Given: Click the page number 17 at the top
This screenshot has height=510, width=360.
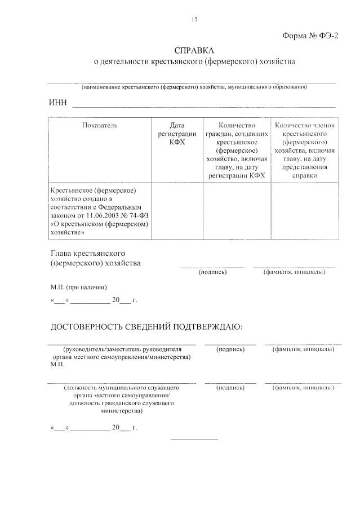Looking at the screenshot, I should (194, 20).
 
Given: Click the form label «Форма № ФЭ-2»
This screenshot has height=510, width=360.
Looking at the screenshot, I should (310, 36).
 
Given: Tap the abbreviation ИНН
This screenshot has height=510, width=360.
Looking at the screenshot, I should (58, 103).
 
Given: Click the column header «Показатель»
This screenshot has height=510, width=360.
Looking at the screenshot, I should (100, 125).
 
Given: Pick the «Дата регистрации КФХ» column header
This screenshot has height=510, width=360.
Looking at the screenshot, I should (177, 134).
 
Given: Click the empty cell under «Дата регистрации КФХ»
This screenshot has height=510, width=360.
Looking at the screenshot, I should (177, 211).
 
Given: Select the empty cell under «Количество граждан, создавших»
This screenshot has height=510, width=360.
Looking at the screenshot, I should (237, 211).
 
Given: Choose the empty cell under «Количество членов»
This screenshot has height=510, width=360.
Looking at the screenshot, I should (305, 211).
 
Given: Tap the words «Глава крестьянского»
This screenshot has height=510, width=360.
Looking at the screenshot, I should (87, 253).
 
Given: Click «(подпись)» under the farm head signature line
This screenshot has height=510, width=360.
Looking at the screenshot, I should (212, 272).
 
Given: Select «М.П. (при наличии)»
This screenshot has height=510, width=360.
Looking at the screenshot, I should (79, 287).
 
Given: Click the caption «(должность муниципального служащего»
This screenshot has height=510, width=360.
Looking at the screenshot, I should (121, 388).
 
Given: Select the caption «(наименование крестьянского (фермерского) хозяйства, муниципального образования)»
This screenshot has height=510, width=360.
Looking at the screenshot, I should (194, 87).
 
